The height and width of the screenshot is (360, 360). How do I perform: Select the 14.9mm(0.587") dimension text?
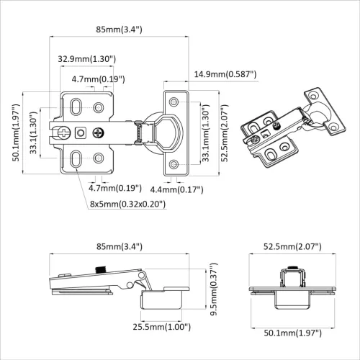click(225, 74)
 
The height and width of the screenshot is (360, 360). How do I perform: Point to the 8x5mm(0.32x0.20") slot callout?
click(127, 204)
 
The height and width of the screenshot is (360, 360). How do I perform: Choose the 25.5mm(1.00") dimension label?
click(161, 326)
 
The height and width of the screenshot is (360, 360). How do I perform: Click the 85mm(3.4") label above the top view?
click(118, 29)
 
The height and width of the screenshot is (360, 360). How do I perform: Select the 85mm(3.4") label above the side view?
click(118, 246)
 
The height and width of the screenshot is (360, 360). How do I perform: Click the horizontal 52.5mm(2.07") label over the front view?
click(292, 246)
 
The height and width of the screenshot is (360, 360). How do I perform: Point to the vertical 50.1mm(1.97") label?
click(16, 134)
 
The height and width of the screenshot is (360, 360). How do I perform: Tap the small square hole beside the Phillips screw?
click(81, 132)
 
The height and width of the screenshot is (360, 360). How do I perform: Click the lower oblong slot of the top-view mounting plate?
click(74, 157)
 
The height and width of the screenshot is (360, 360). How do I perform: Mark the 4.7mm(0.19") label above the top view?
click(99, 78)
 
